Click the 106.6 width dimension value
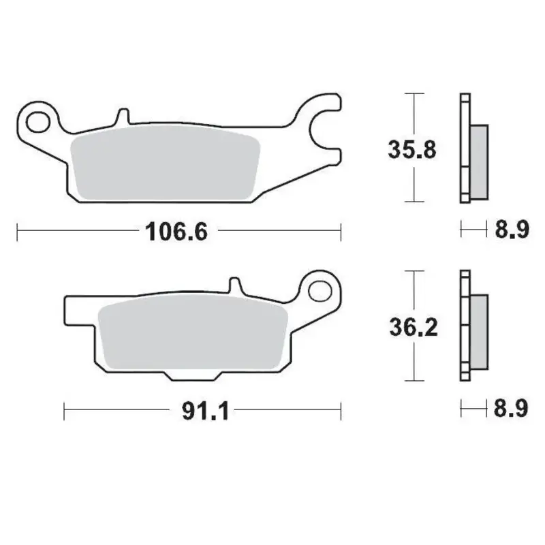(175, 232)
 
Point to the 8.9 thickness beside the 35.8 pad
(511, 230)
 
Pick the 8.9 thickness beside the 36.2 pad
(511, 409)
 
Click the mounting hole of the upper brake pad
(38, 122)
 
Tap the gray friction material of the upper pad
(163, 166)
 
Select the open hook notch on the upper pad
(320, 126)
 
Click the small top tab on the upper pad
(123, 116)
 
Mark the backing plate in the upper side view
(465, 146)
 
